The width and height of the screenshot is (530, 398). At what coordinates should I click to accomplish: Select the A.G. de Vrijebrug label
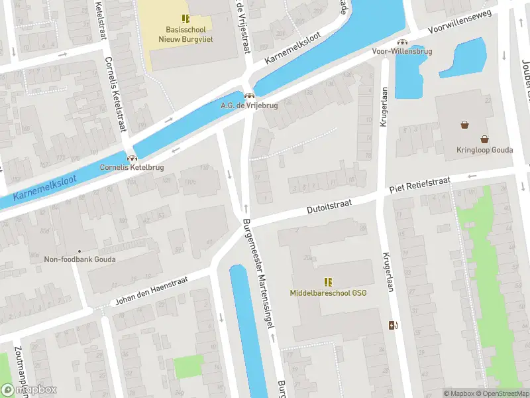[x=249, y=105]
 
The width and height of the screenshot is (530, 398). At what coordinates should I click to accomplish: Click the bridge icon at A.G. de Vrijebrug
[x=249, y=96]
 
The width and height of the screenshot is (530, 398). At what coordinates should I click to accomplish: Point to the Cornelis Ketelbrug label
[x=132, y=167]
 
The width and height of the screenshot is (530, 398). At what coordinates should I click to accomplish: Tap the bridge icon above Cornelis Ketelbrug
[x=132, y=158]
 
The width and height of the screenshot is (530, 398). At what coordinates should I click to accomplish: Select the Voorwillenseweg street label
[x=458, y=22]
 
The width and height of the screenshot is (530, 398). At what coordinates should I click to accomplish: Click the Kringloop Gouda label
[x=485, y=150]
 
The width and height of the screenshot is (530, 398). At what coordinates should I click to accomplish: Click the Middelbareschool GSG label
[x=328, y=293]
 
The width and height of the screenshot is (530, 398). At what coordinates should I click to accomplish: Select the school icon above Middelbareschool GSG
[x=328, y=282]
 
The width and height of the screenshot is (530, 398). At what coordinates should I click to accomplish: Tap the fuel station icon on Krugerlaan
[x=394, y=324]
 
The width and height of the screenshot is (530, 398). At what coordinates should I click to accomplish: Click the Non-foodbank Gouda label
[x=79, y=259]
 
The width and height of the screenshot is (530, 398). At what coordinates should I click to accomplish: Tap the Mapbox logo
[x=30, y=389]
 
